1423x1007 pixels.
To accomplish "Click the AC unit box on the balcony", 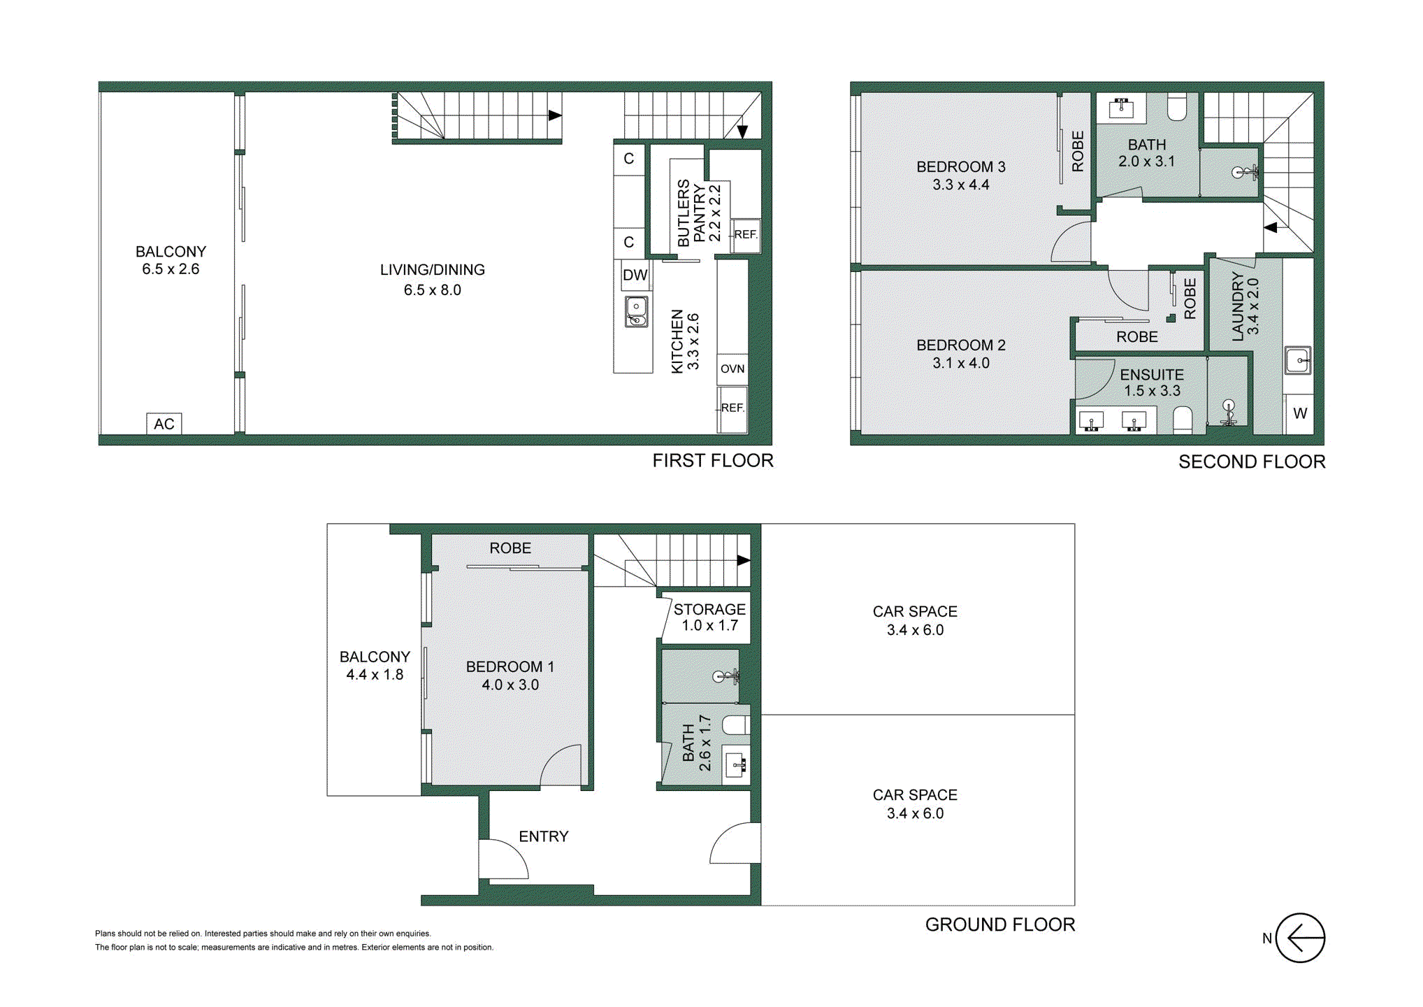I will click(x=164, y=424).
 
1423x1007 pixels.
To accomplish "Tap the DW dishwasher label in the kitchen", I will click(x=635, y=275).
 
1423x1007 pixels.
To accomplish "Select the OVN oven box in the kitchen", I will click(x=732, y=369).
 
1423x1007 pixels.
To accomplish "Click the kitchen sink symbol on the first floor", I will click(x=636, y=312).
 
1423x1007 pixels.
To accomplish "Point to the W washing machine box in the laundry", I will click(x=1299, y=413).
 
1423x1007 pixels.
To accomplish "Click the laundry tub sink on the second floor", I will click(x=1298, y=360).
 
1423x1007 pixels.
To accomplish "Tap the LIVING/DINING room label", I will click(x=432, y=279).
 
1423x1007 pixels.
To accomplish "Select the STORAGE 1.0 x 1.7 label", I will click(x=709, y=617).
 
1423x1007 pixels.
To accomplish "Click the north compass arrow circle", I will click(x=1299, y=938).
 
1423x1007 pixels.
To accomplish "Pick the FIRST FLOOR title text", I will click(x=712, y=461).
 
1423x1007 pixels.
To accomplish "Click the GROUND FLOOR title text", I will click(x=999, y=924).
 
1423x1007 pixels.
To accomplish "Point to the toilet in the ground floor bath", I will click(x=736, y=725).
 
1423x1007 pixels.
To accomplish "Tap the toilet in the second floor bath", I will click(x=1177, y=108).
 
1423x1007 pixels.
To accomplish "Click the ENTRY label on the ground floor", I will click(x=543, y=836).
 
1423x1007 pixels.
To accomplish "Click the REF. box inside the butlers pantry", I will click(x=745, y=234).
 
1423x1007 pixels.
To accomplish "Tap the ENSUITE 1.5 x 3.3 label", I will click(x=1151, y=383).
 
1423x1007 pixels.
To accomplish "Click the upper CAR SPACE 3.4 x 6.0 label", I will click(x=914, y=620).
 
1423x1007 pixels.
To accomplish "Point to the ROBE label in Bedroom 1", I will click(x=510, y=548).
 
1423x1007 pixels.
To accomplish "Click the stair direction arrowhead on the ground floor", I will click(x=743, y=560).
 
